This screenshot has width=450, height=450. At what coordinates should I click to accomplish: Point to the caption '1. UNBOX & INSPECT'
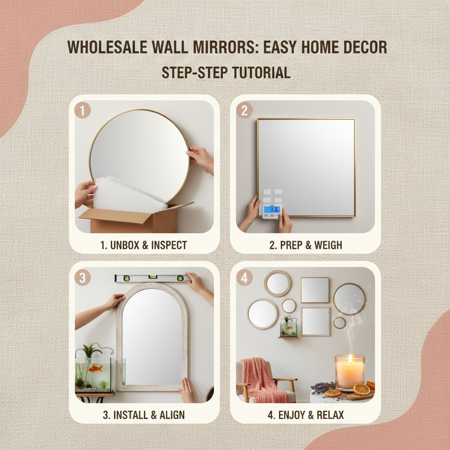[144, 245]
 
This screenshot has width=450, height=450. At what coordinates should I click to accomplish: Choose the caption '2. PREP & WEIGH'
[305, 245]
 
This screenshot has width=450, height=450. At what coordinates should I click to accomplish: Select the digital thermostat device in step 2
[271, 210]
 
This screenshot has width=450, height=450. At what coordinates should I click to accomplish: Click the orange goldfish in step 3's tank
[95, 368]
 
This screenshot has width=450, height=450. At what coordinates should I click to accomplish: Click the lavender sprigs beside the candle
[323, 387]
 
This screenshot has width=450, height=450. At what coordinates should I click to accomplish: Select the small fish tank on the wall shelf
[288, 327]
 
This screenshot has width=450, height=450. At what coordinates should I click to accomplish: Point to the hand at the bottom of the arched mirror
[187, 390]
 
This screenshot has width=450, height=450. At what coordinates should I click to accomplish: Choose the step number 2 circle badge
[244, 110]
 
